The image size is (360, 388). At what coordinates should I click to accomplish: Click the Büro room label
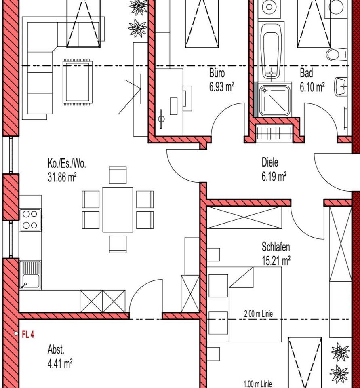pos(217,73)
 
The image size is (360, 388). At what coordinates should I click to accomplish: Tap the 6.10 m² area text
pos(312,87)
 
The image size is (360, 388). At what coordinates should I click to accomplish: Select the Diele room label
pos(270,162)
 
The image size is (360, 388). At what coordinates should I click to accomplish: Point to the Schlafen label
pos(276,247)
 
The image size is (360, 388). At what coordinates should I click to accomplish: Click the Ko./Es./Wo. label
pos(67,164)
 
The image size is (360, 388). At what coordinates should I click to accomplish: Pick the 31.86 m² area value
pos(62,177)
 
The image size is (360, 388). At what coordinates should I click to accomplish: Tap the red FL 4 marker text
pos(28,335)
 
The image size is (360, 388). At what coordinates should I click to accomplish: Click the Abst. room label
pos(56,350)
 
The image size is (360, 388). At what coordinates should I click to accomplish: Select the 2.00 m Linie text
pos(258,314)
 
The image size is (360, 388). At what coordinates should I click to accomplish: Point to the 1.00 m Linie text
pos(258,384)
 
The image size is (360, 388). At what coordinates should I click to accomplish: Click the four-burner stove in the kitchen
pos(30,220)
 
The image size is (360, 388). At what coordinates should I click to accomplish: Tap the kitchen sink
pos(30,275)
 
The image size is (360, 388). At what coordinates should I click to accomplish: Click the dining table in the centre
pos(118,210)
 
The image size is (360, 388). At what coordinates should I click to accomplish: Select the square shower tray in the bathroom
pos(274,101)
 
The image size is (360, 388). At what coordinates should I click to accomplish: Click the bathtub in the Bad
pos(271,51)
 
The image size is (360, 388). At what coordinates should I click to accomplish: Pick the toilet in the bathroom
pos(336,54)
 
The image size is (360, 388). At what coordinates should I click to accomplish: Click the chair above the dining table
pos(118,175)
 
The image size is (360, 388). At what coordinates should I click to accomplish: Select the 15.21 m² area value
pos(276,261)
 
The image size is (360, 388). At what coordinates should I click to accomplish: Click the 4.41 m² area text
pos(60,364)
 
